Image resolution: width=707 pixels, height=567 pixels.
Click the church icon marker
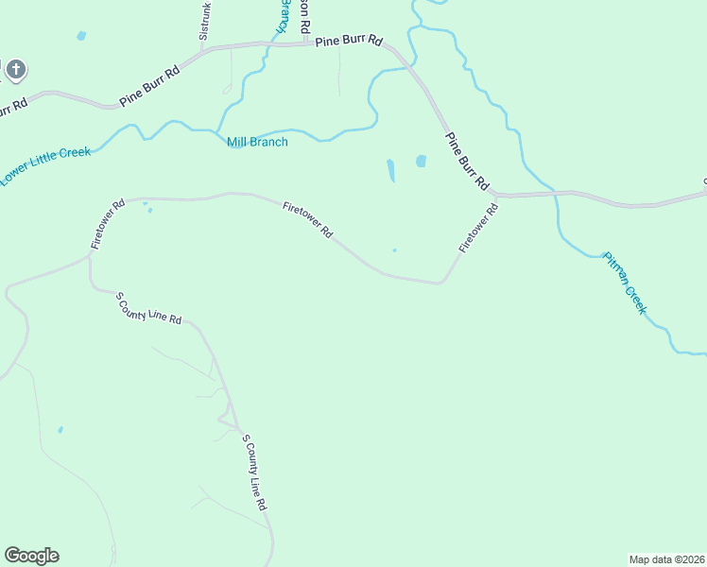15,69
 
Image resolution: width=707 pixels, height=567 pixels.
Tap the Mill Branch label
257,143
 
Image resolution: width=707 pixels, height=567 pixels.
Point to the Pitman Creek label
625,283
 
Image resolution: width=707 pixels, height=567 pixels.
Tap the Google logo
31,556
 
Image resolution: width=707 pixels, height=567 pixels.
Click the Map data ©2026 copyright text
666,558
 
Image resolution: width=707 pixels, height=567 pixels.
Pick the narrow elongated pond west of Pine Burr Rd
390,170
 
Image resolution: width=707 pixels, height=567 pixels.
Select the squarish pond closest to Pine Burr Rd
421,162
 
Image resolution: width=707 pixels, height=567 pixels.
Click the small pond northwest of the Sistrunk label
81,36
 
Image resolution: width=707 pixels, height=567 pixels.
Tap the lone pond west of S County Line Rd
60,430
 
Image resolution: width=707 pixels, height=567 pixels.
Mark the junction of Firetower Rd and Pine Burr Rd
494,196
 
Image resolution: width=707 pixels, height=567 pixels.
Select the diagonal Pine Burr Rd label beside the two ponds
467,158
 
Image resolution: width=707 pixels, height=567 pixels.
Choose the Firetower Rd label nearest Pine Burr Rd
478,228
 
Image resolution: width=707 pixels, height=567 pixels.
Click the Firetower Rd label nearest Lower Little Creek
108,224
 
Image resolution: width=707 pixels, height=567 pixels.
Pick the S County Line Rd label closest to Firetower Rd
148,309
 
